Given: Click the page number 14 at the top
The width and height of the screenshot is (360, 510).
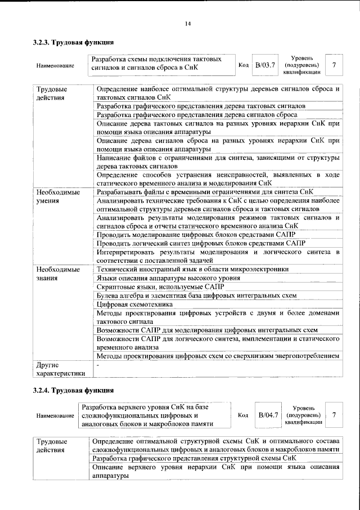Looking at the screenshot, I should [x=187, y=23].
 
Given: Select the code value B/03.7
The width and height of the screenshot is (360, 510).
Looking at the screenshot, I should [x=264, y=65].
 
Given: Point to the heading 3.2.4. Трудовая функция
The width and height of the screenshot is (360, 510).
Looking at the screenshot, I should [x=74, y=390].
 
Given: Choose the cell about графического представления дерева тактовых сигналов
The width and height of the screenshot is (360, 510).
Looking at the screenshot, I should [x=201, y=106].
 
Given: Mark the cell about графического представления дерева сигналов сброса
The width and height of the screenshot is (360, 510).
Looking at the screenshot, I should [x=197, y=114].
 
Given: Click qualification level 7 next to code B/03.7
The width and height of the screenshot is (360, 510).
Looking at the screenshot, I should [x=334, y=65].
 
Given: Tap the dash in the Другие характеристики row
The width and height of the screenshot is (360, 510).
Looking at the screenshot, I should [x=98, y=364].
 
